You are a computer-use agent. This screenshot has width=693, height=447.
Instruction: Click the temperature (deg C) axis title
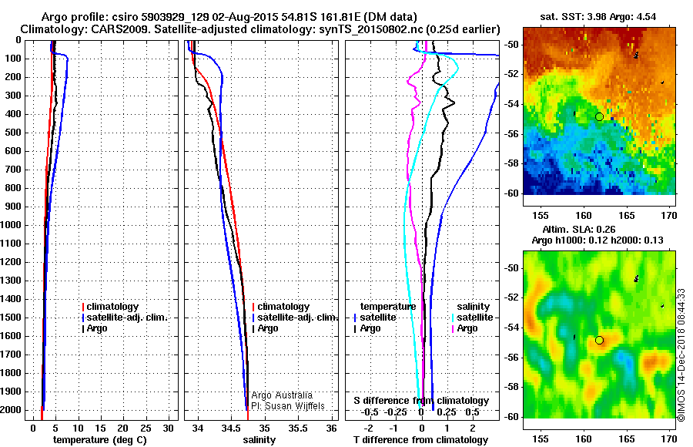tap(99, 439)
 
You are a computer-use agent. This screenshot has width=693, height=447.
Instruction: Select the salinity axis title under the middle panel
tap(259, 439)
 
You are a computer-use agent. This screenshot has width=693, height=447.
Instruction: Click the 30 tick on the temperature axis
tap(169, 428)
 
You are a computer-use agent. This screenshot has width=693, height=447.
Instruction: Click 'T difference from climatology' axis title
tap(420, 439)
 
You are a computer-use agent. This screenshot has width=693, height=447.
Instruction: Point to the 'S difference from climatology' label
tap(420, 401)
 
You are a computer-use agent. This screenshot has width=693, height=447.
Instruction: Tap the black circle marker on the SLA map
tap(599, 340)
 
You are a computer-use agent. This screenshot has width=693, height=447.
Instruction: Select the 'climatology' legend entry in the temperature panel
tap(112, 307)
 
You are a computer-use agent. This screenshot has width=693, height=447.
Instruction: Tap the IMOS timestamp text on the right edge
tap(682, 355)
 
